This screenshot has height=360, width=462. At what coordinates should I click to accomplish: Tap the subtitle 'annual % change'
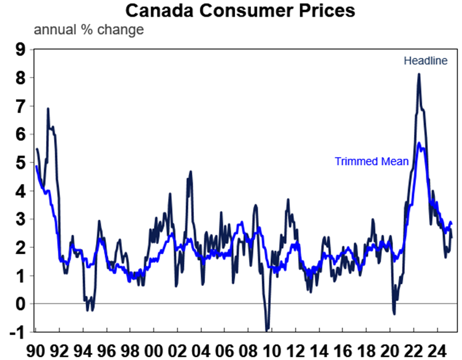pyautogui.click(x=89, y=30)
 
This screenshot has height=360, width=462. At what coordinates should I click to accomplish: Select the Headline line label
pyautogui.click(x=426, y=61)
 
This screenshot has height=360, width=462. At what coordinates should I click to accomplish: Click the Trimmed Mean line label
pyautogui.click(x=372, y=161)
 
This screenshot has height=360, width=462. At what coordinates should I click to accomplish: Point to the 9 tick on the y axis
pyautogui.click(x=20, y=50)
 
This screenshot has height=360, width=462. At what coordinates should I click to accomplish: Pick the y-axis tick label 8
pyautogui.click(x=20, y=78)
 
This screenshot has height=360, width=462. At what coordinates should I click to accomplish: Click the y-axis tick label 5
pyautogui.click(x=20, y=163)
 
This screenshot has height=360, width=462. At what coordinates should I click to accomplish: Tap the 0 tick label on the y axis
pyautogui.click(x=20, y=304)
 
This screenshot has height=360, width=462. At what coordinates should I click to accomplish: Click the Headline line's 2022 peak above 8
pyautogui.click(x=419, y=74)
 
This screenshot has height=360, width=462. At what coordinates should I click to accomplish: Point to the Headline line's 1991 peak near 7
pyautogui.click(x=48, y=109)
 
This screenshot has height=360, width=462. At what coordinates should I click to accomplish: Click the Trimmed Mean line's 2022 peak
pyautogui.click(x=419, y=143)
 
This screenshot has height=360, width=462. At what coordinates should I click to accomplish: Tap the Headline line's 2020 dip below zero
pyautogui.click(x=394, y=314)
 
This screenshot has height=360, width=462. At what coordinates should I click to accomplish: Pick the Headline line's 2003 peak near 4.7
pyautogui.click(x=190, y=171)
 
